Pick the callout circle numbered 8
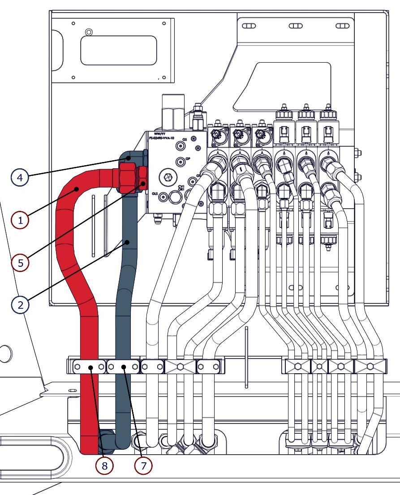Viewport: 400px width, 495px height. point(104,466)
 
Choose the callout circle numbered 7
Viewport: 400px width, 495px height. point(144,466)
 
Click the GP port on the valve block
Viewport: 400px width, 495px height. point(181,161)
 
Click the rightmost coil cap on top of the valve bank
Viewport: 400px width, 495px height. point(329,115)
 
